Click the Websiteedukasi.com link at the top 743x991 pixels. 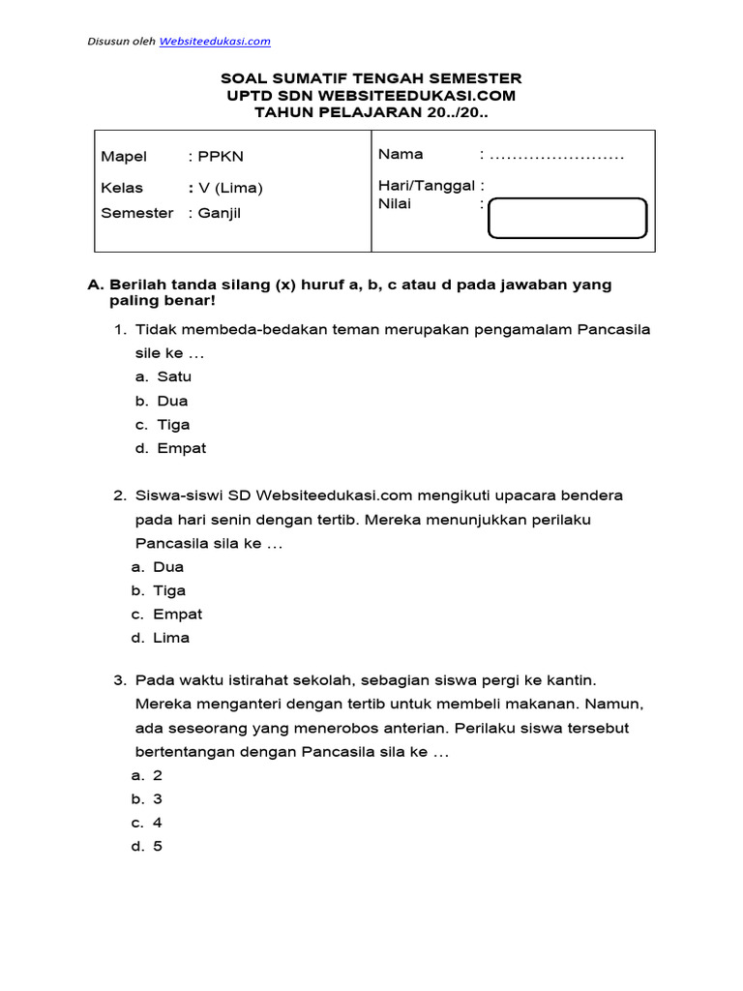point(215,42)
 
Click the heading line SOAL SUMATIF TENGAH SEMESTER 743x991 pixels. point(371,78)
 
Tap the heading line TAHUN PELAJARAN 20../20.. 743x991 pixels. point(371,113)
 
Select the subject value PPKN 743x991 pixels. point(214,157)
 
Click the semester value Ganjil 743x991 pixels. point(219,213)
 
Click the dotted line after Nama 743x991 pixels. point(557,155)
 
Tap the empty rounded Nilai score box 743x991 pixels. point(567,218)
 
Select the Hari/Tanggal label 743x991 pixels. point(429,186)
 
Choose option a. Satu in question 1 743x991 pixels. point(163,377)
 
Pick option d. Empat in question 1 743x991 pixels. point(170,449)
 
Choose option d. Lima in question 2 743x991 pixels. point(161,638)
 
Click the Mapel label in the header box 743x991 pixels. point(124,157)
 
